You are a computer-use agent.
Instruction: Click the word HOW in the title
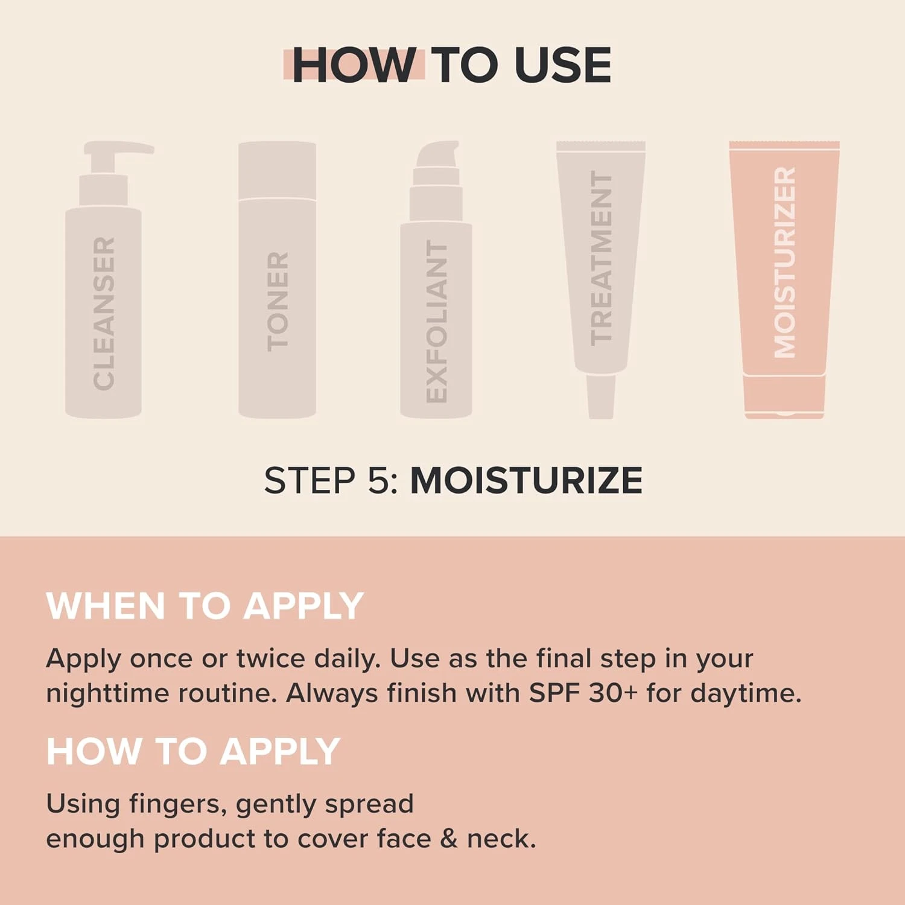click(354, 65)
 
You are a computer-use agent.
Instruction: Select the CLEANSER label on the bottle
click(104, 313)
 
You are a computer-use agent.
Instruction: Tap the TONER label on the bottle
click(278, 301)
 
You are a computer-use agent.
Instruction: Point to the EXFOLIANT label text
click(436, 321)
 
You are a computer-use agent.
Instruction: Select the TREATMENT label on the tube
click(601, 258)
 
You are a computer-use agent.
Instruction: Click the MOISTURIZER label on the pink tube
click(784, 262)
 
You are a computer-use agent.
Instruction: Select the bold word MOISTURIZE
click(526, 481)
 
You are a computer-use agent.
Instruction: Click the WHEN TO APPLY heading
click(205, 606)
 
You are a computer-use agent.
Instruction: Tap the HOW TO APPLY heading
click(193, 752)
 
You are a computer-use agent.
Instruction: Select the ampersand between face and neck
click(448, 839)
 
